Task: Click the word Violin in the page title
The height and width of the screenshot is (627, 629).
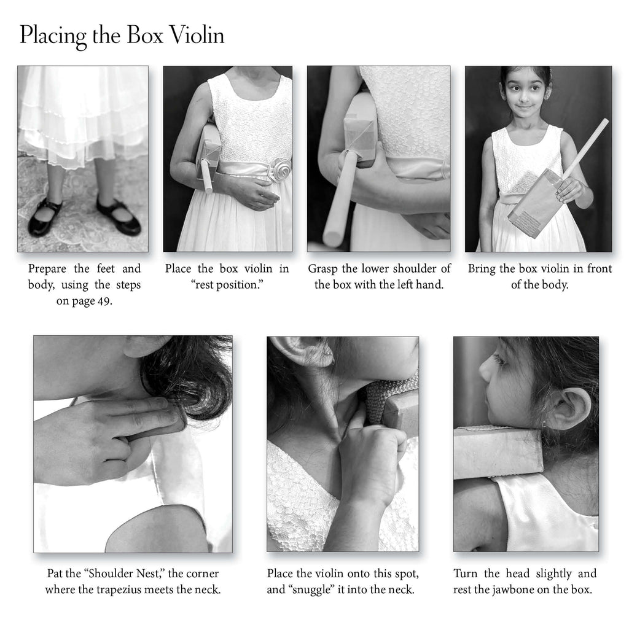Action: tap(197, 35)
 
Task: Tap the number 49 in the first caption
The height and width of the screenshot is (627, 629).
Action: tap(103, 301)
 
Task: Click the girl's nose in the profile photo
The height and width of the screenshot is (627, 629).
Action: tap(485, 368)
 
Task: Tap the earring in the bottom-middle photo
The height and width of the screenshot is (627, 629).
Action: tap(332, 354)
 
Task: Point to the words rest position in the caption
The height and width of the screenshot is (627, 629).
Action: tap(227, 285)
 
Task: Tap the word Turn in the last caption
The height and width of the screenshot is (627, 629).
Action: tap(466, 574)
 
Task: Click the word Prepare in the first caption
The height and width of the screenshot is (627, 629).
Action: tap(47, 269)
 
